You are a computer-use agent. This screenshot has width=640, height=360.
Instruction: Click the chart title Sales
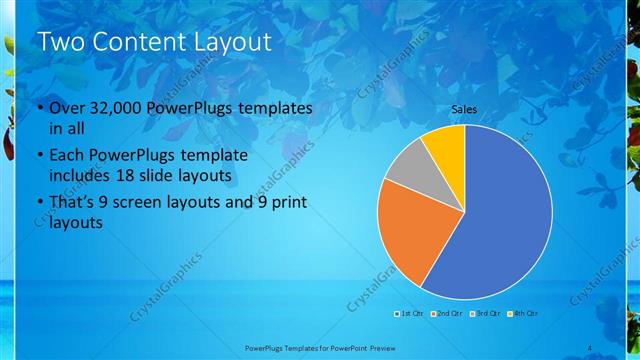click(x=464, y=109)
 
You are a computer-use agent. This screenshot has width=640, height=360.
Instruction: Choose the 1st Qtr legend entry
click(x=409, y=313)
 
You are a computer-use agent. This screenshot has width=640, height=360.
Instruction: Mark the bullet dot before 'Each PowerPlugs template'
click(x=39, y=156)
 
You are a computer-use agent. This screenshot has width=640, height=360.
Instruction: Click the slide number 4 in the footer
click(x=590, y=347)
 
